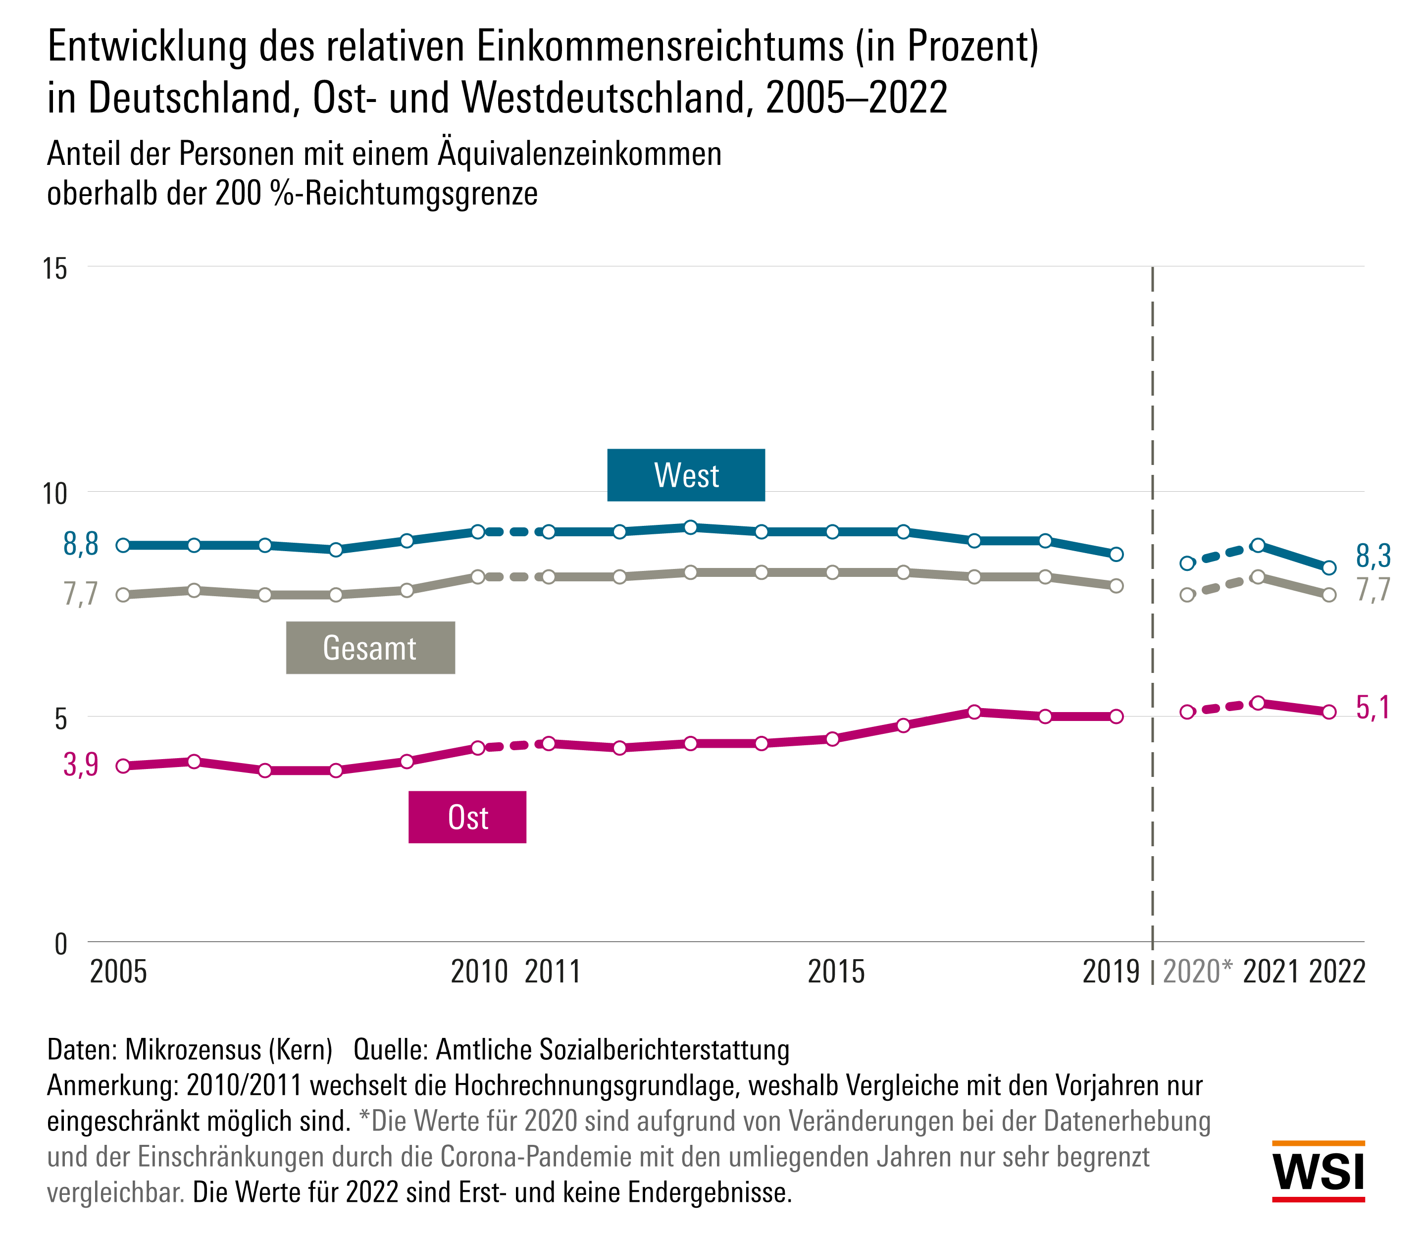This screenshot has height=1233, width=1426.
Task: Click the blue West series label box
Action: tap(685, 475)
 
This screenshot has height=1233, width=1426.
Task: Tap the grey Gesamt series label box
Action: tap(370, 648)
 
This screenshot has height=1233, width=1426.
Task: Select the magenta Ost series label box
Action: tap(467, 817)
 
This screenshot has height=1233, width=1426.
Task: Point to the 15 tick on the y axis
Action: tap(55, 268)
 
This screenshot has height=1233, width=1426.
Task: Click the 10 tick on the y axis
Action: tap(55, 493)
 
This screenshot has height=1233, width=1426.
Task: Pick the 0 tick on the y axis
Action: tap(60, 943)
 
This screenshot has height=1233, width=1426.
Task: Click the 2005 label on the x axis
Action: tap(118, 972)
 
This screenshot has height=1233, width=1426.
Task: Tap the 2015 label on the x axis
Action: tap(835, 972)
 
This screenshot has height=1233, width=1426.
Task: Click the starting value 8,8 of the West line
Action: tap(81, 544)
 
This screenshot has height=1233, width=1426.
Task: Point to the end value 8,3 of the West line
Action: tap(1373, 556)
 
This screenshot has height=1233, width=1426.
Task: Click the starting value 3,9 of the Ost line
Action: tap(81, 764)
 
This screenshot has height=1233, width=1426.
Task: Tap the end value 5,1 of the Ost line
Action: tap(1373, 708)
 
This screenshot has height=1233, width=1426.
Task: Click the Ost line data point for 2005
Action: tap(123, 766)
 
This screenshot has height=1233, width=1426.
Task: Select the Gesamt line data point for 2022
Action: tap(1329, 595)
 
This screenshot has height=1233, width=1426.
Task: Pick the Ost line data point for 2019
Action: tap(1117, 717)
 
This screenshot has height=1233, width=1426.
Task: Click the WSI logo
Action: tap(1318, 1172)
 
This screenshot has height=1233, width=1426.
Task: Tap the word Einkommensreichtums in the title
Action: tap(660, 47)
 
